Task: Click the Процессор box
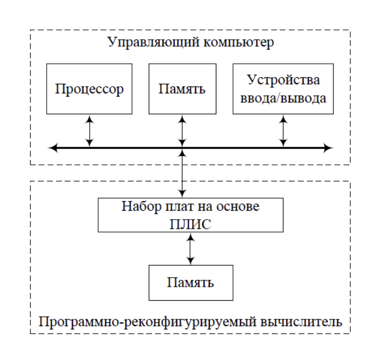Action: pos(89,89)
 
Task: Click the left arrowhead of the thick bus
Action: pos(52,148)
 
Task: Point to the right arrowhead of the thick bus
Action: pos(329,148)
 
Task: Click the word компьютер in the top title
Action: pos(239,43)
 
